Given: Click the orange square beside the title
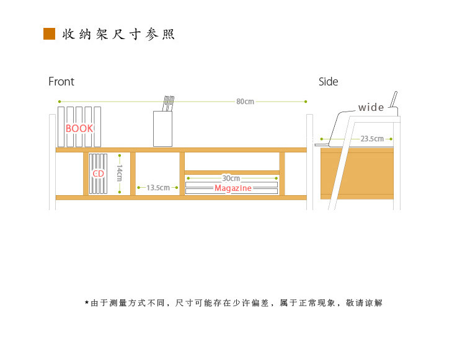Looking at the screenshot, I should pyautogui.click(x=50, y=33).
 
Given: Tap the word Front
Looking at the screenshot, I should pyautogui.click(x=61, y=82).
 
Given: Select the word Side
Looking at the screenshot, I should pyautogui.click(x=329, y=82).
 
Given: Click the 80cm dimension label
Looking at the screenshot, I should pyautogui.click(x=245, y=102).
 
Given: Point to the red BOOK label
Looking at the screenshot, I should pyautogui.click(x=79, y=128).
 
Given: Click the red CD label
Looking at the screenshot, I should pyautogui.click(x=98, y=174).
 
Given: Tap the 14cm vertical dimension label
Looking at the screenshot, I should pyautogui.click(x=120, y=173).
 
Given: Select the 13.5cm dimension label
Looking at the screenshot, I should pyautogui.click(x=157, y=187).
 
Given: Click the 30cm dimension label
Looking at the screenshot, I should pyautogui.click(x=231, y=178).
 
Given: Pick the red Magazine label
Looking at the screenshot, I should pyautogui.click(x=233, y=188).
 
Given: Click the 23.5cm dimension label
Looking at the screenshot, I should pyautogui.click(x=372, y=139).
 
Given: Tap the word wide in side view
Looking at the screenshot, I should pyautogui.click(x=371, y=108).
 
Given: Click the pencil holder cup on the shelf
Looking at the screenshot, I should pyautogui.click(x=162, y=128).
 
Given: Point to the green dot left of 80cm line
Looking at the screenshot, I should pyautogui.click(x=59, y=101).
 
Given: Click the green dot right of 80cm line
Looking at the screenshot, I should pyautogui.click(x=305, y=101).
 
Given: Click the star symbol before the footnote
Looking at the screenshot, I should pyautogui.click(x=87, y=302).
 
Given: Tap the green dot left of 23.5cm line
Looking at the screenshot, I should pyautogui.click(x=321, y=139).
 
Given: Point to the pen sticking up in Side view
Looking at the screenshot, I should pyautogui.click(x=393, y=100).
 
